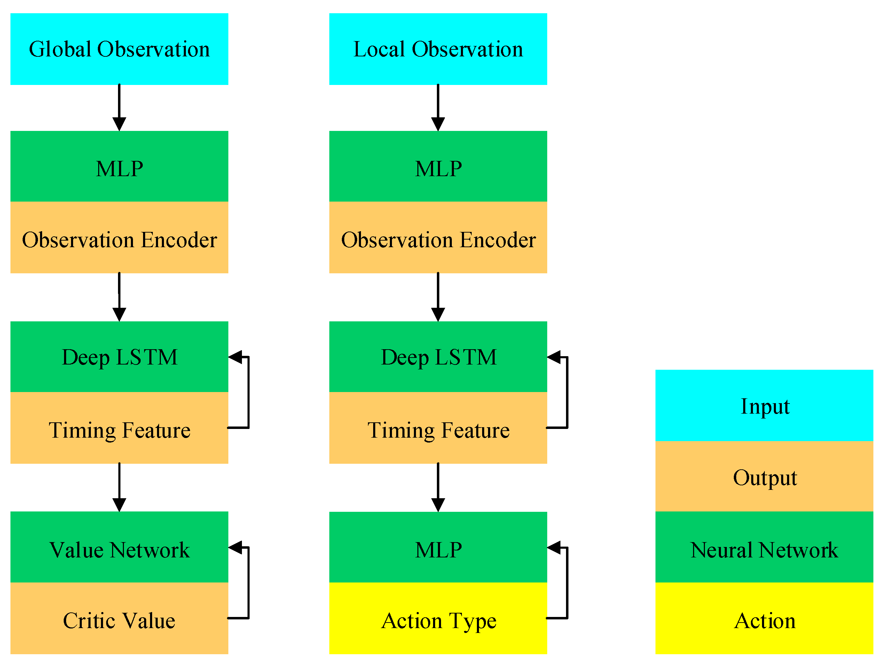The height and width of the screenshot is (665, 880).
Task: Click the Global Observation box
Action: click(x=119, y=49)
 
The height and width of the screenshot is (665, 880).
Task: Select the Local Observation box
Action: click(x=438, y=49)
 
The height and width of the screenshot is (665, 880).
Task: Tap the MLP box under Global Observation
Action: click(x=119, y=167)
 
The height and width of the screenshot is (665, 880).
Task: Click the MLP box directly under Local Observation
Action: click(x=438, y=167)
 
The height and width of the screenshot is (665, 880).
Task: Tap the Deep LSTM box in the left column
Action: click(x=119, y=357)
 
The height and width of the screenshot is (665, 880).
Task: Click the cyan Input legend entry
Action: click(x=764, y=406)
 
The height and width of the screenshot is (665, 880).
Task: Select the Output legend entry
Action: click(x=764, y=476)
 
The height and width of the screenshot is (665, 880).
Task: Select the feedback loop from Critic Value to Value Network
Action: click(x=248, y=583)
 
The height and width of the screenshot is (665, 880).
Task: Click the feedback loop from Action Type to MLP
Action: click(x=567, y=583)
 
